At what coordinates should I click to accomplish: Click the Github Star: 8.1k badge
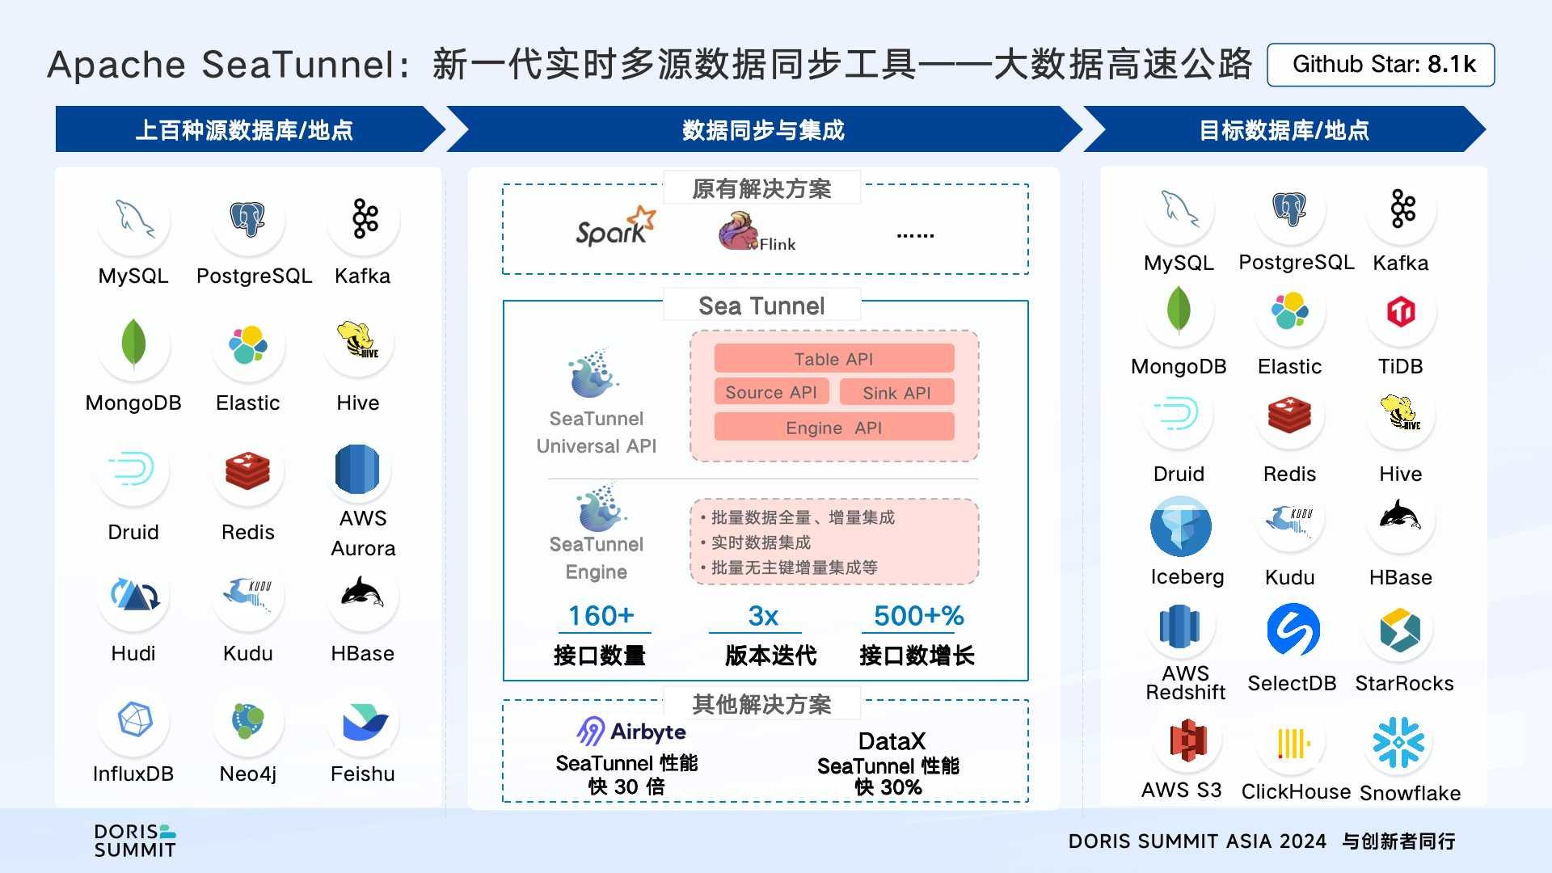click(x=1381, y=65)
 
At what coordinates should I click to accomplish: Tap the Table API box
click(x=833, y=359)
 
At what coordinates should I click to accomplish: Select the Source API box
click(x=771, y=392)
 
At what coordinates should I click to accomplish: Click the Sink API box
click(x=896, y=393)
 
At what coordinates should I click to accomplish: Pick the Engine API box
click(x=833, y=428)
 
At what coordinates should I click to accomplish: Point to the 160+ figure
click(x=601, y=616)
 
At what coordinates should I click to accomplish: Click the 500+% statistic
click(x=918, y=616)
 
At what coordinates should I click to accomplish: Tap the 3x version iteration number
click(x=762, y=616)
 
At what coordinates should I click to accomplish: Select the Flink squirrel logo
click(x=738, y=231)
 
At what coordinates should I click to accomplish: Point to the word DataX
click(x=891, y=741)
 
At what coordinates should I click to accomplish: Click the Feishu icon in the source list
click(x=364, y=722)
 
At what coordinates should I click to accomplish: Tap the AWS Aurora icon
click(x=357, y=469)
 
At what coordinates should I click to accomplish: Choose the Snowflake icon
click(x=1398, y=742)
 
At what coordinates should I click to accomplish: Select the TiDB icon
click(x=1401, y=311)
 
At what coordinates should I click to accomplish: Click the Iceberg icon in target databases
click(x=1180, y=526)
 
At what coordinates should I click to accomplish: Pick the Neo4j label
click(x=247, y=774)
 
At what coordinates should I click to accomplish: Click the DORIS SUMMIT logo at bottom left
click(x=135, y=841)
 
